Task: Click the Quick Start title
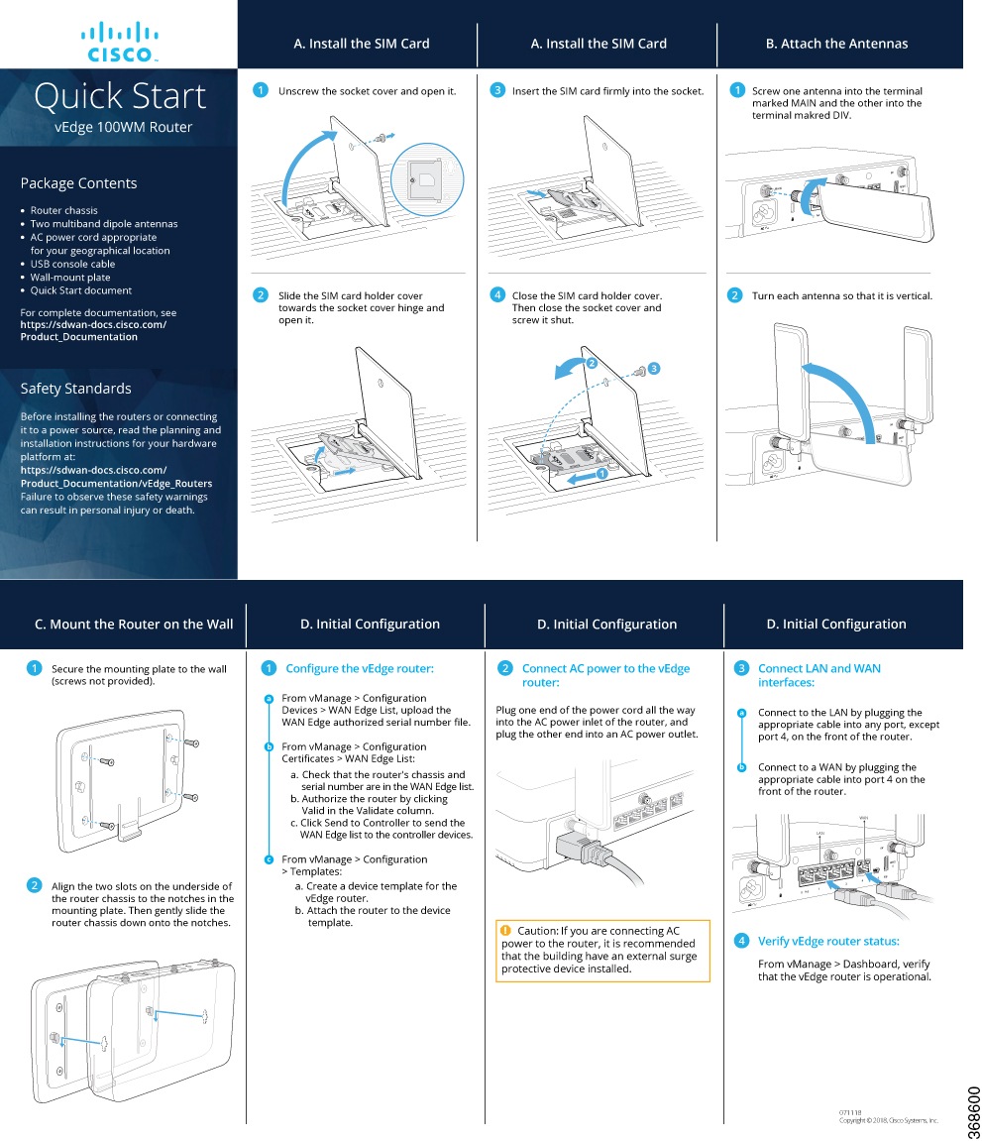[x=120, y=96]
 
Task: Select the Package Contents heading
[x=78, y=183]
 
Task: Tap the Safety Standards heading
[x=75, y=389]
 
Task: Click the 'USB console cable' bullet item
[x=72, y=264]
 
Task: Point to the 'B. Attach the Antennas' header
[x=836, y=44]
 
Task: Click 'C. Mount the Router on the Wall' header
[x=134, y=625]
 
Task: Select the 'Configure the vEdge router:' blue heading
[x=359, y=669]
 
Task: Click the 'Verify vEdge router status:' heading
[x=827, y=942]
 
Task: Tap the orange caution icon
[x=505, y=930]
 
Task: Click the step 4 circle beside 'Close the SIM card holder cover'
[x=497, y=295]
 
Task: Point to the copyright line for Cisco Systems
[x=888, y=1120]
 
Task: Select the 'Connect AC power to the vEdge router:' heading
[x=604, y=675]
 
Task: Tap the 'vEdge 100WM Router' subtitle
[x=123, y=127]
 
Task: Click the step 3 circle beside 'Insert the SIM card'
[x=497, y=91]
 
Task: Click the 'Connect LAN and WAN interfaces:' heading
[x=818, y=675]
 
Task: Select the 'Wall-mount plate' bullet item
[x=70, y=278]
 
